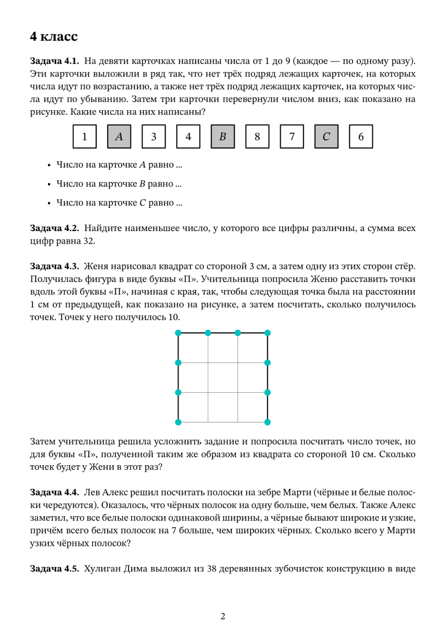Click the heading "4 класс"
[x=54, y=37]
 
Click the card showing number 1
[x=85, y=137]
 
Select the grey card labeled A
[x=119, y=137]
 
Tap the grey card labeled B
[x=223, y=137]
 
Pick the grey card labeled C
[x=326, y=137]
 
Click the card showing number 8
[x=257, y=137]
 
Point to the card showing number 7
[x=292, y=137]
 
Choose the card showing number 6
[x=361, y=137]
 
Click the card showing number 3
[x=154, y=137]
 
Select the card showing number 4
[x=188, y=137]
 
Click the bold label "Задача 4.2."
[x=54, y=228]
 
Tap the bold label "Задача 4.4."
[x=54, y=492]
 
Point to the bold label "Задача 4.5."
[x=54, y=569]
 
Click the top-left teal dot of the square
[x=178, y=333]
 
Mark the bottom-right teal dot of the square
[x=268, y=422]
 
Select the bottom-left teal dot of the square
[x=178, y=422]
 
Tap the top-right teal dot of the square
[x=268, y=333]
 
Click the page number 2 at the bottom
[x=223, y=616]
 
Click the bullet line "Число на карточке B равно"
[x=119, y=184]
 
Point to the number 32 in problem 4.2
[x=89, y=241]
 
